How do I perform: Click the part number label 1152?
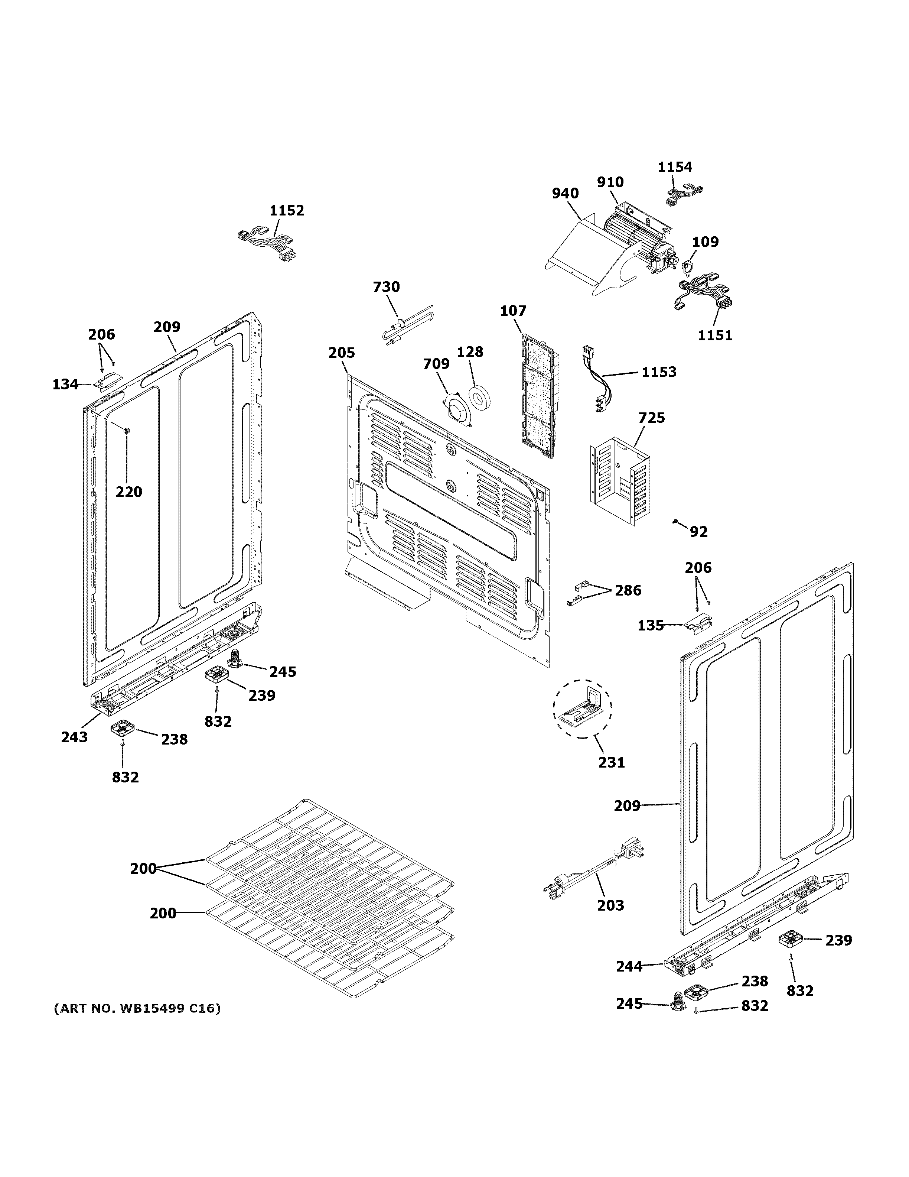(287, 210)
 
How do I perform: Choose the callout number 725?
(652, 418)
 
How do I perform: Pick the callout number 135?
(651, 625)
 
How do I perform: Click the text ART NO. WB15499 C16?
(137, 1008)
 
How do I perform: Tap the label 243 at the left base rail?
(74, 737)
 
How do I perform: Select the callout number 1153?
(659, 372)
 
